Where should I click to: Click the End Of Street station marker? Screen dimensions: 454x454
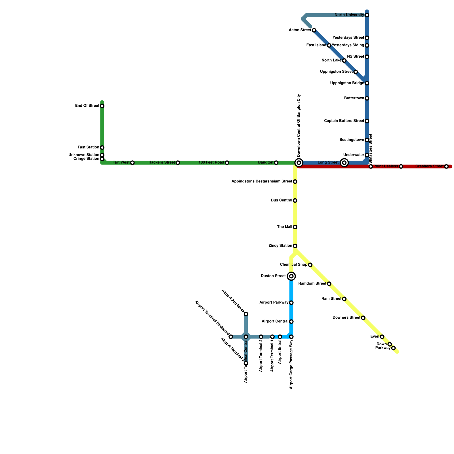(x=102, y=106)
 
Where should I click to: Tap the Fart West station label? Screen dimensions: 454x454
(x=121, y=163)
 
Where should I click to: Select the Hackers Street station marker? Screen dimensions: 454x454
(x=178, y=163)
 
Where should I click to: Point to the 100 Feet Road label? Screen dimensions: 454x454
(x=211, y=163)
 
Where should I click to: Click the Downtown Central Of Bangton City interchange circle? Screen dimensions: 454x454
(x=299, y=163)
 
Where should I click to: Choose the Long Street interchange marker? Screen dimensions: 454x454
(x=344, y=163)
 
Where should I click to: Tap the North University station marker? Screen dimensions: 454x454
(x=367, y=15)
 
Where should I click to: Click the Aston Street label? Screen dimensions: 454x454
(x=300, y=30)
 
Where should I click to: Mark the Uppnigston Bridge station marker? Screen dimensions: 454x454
(x=367, y=83)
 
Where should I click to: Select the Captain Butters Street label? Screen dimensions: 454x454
(x=344, y=121)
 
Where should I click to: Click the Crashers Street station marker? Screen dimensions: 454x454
(x=446, y=167)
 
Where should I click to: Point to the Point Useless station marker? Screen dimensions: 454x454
(x=401, y=167)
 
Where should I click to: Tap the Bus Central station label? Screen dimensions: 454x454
(x=281, y=200)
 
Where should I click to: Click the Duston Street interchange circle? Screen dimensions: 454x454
(x=291, y=276)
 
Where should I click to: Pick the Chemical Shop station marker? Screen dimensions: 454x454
(x=310, y=265)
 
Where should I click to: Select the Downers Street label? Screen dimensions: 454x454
(x=346, y=318)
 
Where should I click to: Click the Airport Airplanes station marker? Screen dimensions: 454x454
(x=246, y=314)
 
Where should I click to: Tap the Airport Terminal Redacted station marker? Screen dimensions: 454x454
(x=231, y=337)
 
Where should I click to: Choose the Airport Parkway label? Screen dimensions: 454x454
(x=274, y=302)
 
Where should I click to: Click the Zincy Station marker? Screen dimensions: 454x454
(x=295, y=246)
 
